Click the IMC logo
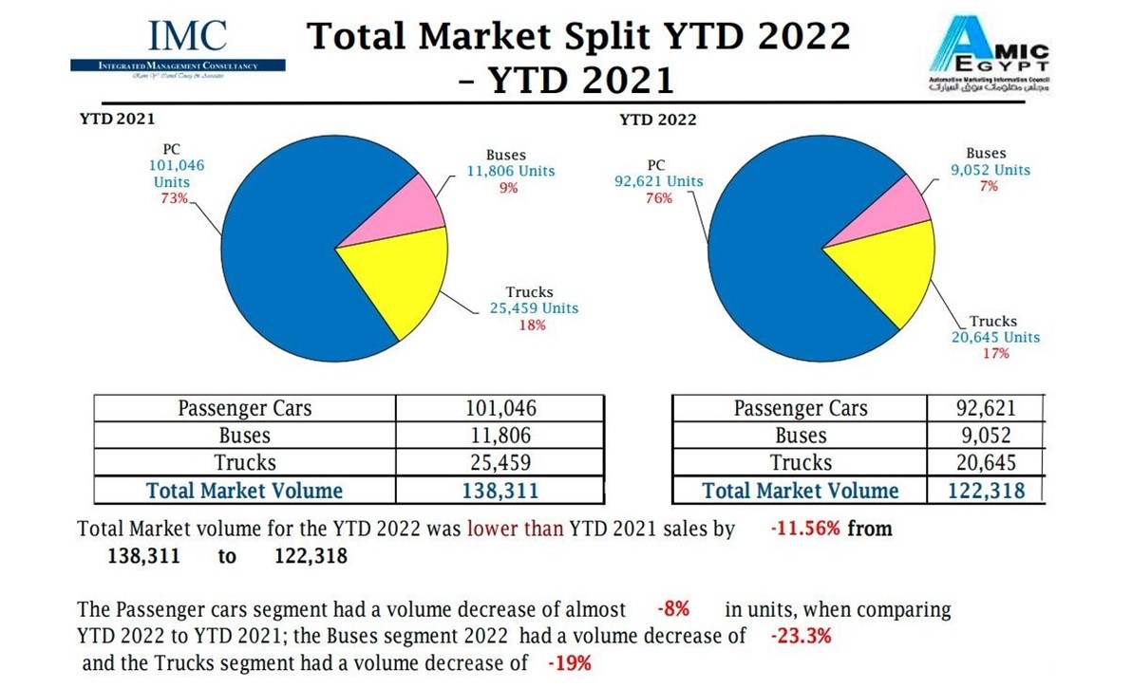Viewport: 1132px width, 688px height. [179, 47]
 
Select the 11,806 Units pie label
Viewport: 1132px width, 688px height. [505, 172]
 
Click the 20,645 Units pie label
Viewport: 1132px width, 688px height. [995, 337]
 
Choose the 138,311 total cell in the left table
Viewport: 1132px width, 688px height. [500, 491]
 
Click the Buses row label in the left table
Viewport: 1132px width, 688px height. [244, 436]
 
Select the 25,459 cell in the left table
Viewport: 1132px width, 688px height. [500, 463]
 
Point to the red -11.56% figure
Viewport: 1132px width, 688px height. [804, 529]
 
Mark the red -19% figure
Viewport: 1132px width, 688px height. [569, 663]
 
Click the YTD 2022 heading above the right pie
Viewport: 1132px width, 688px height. [657, 120]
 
